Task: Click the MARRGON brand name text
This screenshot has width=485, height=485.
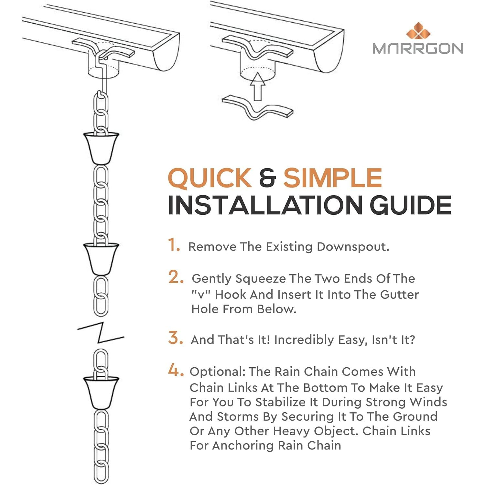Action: tap(418, 48)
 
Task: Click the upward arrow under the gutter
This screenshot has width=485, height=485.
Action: tap(258, 86)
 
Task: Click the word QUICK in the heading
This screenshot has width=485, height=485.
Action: tap(210, 178)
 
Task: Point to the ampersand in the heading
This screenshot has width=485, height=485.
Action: tap(268, 178)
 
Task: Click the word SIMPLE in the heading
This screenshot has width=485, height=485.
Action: tap(333, 178)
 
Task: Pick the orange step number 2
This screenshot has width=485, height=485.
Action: tap(176, 277)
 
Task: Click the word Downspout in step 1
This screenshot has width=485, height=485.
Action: tap(353, 247)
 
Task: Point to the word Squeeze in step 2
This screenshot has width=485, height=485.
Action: tap(261, 279)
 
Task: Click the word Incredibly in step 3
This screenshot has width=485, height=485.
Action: tap(304, 340)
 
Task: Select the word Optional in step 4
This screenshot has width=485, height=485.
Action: tap(218, 372)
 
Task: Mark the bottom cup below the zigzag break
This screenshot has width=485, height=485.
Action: tap(101, 393)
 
